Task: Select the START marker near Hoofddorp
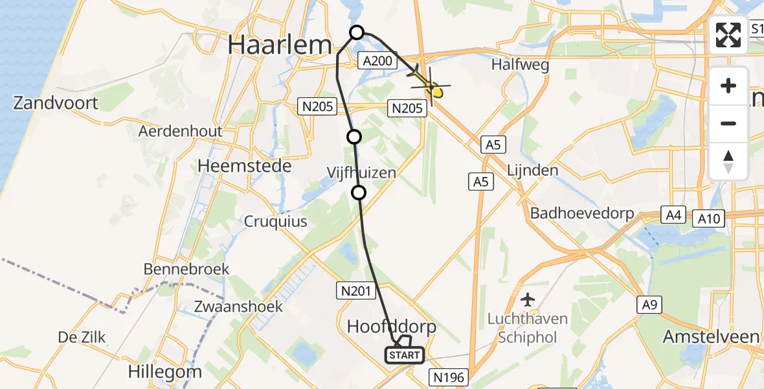coord(405,355)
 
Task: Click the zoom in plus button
coord(728,86)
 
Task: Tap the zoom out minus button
coord(728,123)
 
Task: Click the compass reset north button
coord(728,161)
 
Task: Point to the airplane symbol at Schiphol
coord(528,300)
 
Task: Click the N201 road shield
coord(355,291)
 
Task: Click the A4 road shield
coord(673,215)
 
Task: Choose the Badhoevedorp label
coord(581,213)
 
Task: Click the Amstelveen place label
coord(711,336)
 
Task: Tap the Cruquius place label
coord(275,221)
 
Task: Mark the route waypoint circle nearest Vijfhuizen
coord(358,192)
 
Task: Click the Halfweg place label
coord(520,65)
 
